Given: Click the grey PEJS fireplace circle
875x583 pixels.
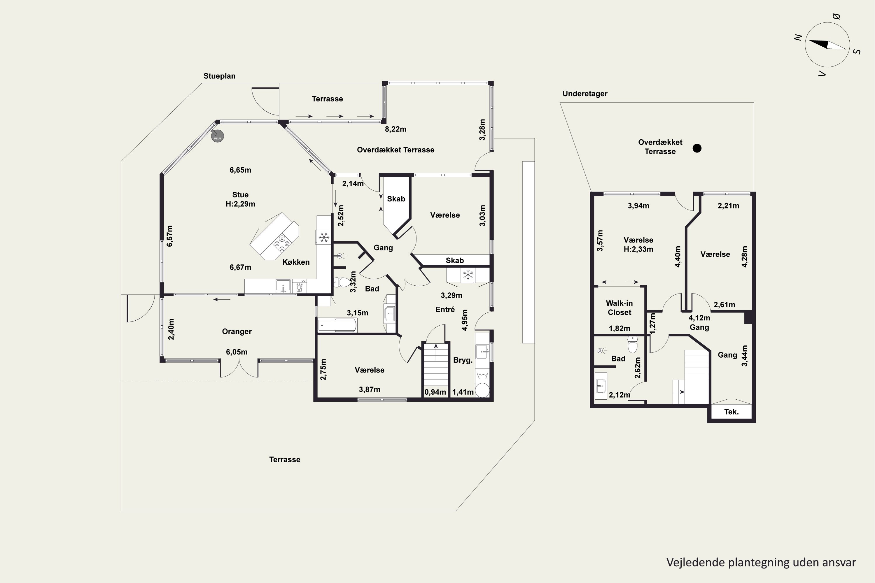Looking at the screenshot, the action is tap(218, 136).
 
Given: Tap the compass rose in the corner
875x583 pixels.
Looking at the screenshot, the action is tap(827, 45).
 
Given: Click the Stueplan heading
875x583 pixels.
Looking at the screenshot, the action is tap(220, 76).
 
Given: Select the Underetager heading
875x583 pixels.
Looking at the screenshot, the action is tap(585, 94).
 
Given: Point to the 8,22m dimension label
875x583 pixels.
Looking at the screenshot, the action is tap(395, 129).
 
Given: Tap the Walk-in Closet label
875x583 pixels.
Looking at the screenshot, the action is tap(619, 308).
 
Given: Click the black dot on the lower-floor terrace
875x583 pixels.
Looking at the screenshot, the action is tap(697, 148).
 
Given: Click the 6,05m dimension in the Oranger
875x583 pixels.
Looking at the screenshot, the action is tap(237, 352).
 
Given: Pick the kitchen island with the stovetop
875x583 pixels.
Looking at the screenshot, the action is tap(274, 236).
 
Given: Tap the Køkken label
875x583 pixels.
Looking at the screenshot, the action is tap(296, 262).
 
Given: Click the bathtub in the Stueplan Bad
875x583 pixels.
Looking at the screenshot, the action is tap(338, 325).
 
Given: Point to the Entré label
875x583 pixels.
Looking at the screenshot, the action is tap(445, 310).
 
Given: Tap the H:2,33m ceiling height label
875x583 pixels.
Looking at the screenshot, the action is tap(638, 250).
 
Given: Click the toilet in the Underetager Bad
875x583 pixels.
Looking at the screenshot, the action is tap(632, 344).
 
